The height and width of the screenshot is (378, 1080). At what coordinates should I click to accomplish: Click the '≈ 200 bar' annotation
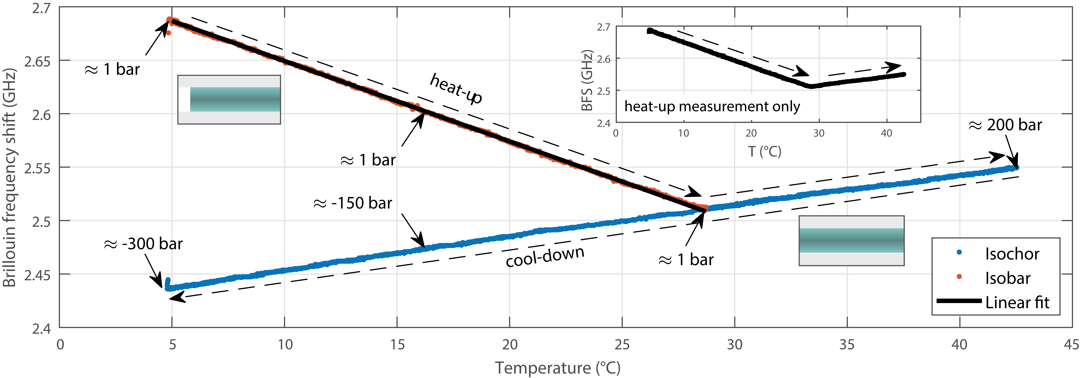point(1005,125)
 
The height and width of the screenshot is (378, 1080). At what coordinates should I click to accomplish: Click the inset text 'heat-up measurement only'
point(712,107)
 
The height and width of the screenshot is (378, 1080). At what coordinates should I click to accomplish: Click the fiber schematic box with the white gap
point(229,99)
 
